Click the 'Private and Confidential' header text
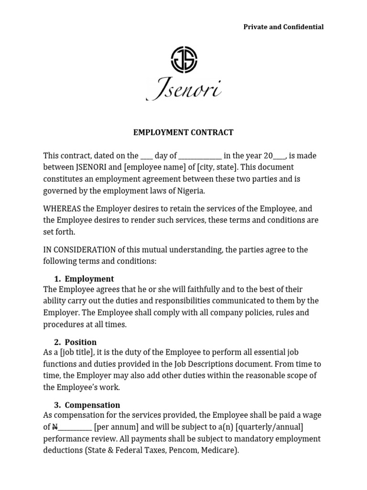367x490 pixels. tap(283, 27)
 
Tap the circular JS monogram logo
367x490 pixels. tap(184, 60)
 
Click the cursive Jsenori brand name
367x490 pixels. tap(183, 89)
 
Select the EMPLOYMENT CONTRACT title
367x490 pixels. tap(183, 133)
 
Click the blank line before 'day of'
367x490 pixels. tap(147, 156)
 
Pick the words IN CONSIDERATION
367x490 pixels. tap(79, 250)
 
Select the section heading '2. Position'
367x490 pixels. tap(75, 342)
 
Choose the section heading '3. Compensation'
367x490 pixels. tap(86, 405)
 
